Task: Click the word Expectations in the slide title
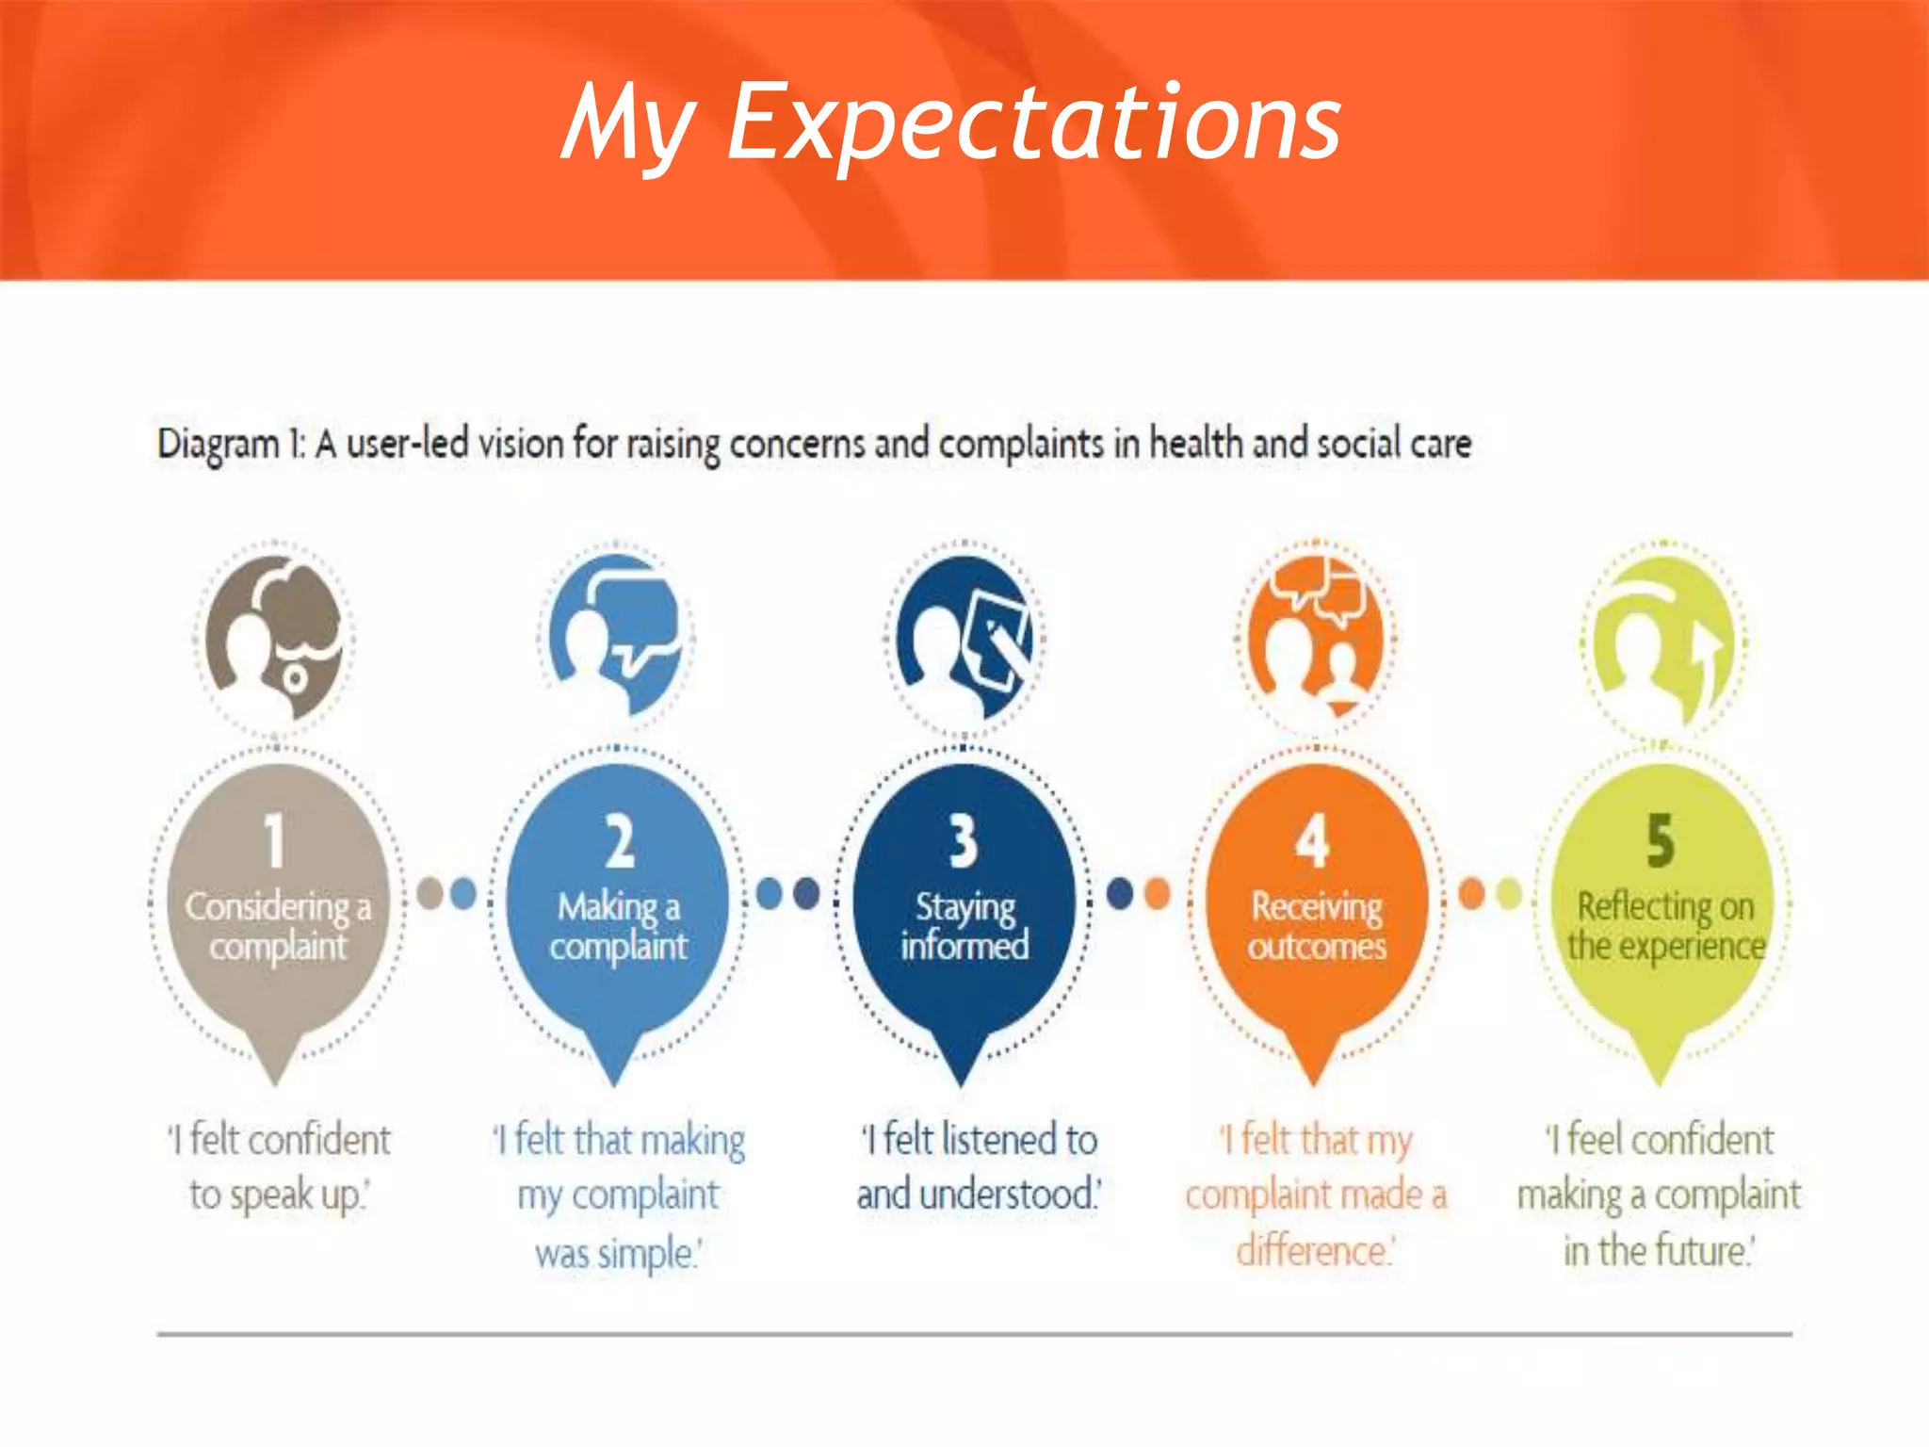pos(1033,123)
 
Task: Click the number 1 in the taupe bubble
pos(273,840)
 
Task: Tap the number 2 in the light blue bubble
pos(619,841)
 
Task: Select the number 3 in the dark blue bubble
pos(963,840)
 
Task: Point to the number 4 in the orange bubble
pos(1311,840)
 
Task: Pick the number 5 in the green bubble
pos(1660,840)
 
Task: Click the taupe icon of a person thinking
pos(274,638)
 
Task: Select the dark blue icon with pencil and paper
pos(964,636)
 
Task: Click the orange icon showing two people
pos(1315,636)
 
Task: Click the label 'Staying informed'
pos(964,926)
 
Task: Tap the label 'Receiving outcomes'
pos(1316,926)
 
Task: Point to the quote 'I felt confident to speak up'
pos(279,1166)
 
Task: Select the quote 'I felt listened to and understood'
pos(978,1166)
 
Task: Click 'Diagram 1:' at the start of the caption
pos(232,444)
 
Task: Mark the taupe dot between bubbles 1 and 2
pos(430,893)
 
